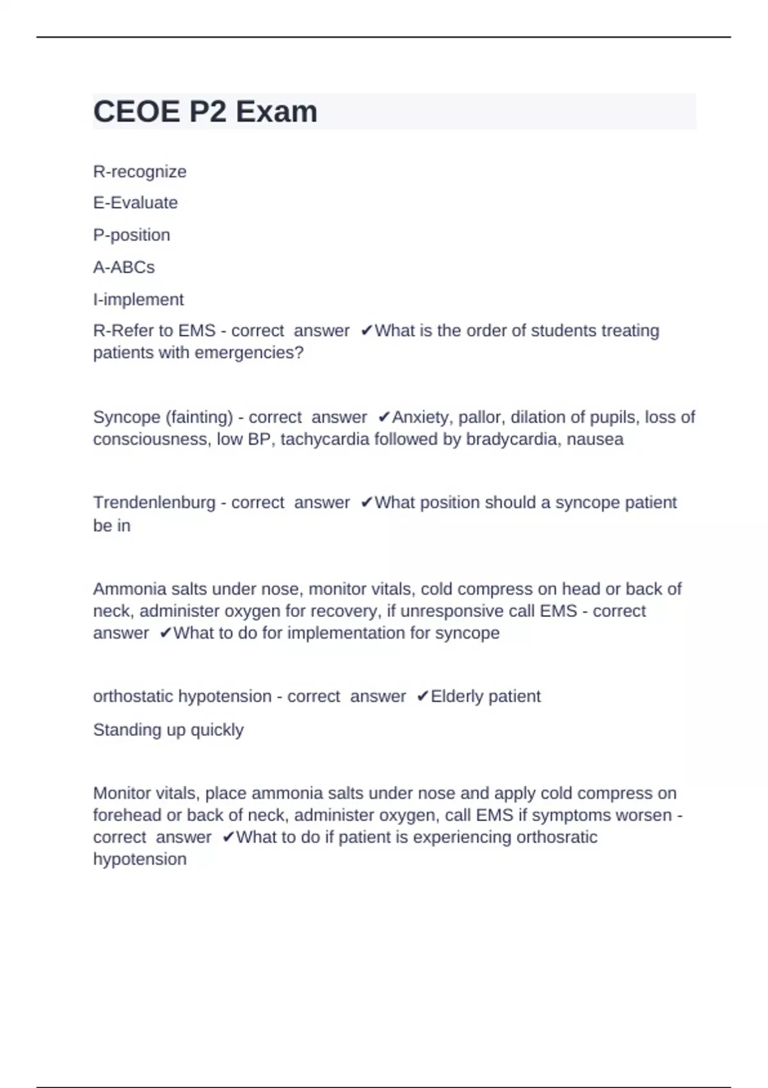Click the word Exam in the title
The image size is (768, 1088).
(276, 112)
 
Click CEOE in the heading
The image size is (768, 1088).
(136, 112)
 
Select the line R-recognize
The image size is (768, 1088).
(140, 172)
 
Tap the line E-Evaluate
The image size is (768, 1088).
(135, 203)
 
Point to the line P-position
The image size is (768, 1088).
(131, 235)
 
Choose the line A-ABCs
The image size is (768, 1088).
(124, 267)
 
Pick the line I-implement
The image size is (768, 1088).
(138, 300)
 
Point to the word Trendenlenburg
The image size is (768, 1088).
(154, 503)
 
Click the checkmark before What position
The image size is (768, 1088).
(366, 503)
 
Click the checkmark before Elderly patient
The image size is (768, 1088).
(422, 696)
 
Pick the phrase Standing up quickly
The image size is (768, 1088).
(168, 730)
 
